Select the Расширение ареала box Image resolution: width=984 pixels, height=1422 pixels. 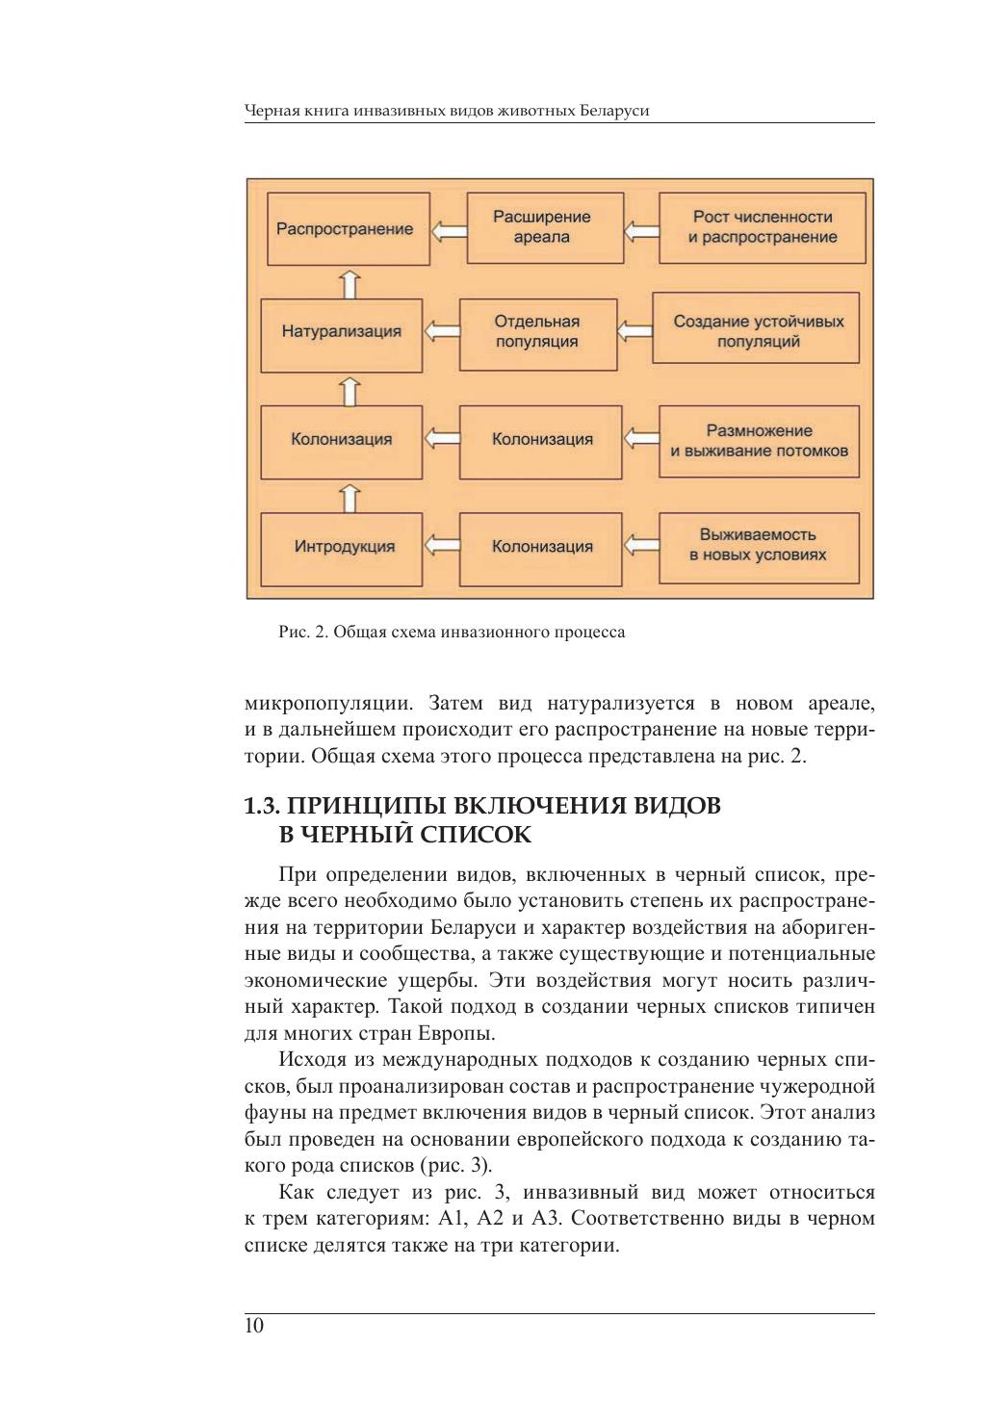coord(544,227)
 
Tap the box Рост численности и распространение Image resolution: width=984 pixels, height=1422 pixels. coord(762,227)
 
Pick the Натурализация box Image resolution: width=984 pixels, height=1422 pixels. coord(342,332)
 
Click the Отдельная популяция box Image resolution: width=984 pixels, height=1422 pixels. coord(537,332)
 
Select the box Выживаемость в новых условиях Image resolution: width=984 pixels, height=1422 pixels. coord(758,545)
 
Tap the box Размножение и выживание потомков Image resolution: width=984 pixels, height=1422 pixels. coord(758,441)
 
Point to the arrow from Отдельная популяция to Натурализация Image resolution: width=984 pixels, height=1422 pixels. coord(441,332)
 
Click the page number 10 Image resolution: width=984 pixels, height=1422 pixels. coord(254,1327)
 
